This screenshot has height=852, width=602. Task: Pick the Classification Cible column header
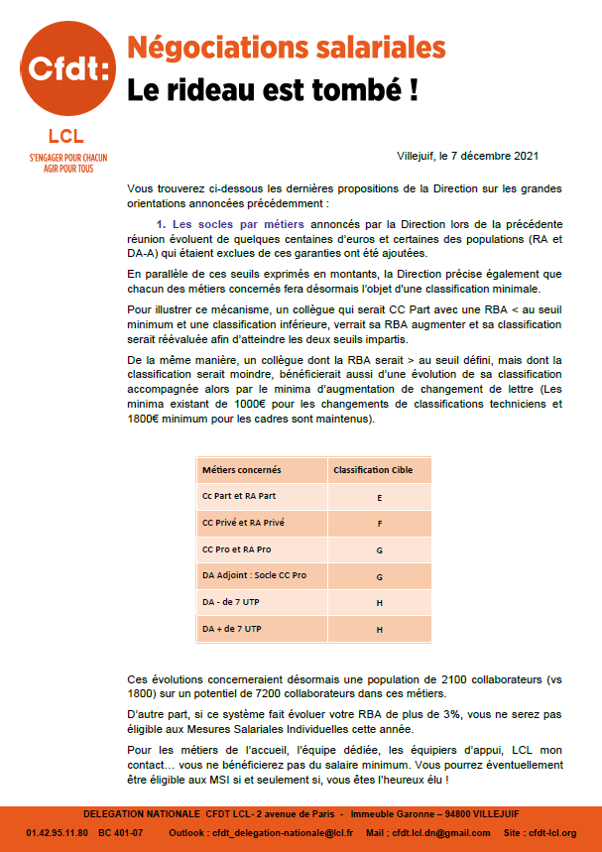[x=373, y=469]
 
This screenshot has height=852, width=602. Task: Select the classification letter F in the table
[x=380, y=523]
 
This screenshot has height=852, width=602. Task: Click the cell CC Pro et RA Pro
[x=236, y=549]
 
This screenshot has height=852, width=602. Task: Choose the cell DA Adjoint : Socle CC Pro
[x=254, y=576]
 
